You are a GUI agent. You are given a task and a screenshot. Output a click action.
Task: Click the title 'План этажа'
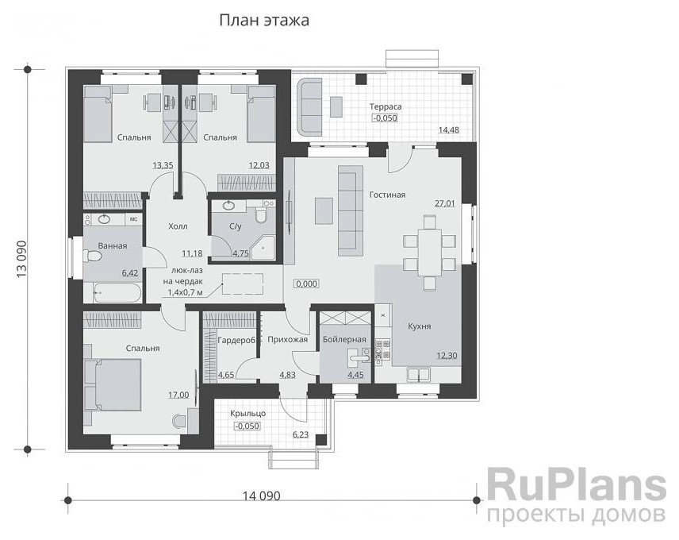coord(264,21)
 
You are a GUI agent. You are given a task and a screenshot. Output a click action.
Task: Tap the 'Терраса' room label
coord(385,106)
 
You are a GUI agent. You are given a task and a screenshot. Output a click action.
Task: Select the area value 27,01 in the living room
coord(445,202)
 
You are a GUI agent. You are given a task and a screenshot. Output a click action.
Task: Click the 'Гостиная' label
coord(387,195)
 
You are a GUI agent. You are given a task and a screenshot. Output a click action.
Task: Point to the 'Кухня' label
coord(419,326)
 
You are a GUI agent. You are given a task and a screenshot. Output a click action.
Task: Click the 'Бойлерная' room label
coord(344,339)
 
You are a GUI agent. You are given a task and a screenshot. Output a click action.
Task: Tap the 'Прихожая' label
coord(287,339)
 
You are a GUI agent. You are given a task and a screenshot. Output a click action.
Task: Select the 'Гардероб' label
coord(236,341)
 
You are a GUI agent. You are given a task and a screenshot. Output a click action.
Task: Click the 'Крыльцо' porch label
coord(248,414)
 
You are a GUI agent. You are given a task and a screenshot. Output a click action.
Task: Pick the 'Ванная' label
coord(113,245)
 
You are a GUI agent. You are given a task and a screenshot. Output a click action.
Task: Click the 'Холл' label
coord(178,226)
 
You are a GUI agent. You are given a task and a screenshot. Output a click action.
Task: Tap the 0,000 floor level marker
coord(307,283)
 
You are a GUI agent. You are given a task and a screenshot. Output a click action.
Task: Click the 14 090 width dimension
coord(261,496)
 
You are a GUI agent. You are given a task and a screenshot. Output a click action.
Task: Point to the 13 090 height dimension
coord(21,259)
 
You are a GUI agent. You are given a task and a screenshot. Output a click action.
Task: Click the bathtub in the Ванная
coord(117,293)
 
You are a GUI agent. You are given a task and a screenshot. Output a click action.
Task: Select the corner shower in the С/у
coord(263,249)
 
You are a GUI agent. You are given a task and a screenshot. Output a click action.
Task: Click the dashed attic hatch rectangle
coord(243,284)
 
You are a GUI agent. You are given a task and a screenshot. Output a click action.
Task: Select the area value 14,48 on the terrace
coord(449,130)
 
